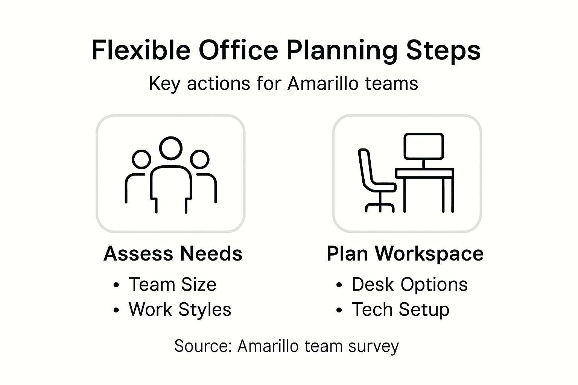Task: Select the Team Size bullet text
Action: point(172,284)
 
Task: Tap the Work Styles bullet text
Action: point(180,309)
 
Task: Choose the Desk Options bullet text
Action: point(409,284)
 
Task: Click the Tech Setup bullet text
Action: point(400,309)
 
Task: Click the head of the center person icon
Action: point(170,148)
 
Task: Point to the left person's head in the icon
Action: point(141,159)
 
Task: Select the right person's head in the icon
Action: point(200,159)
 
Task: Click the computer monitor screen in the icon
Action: point(424,146)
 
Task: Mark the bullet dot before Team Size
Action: point(116,285)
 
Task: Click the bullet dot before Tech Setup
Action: point(339,310)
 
